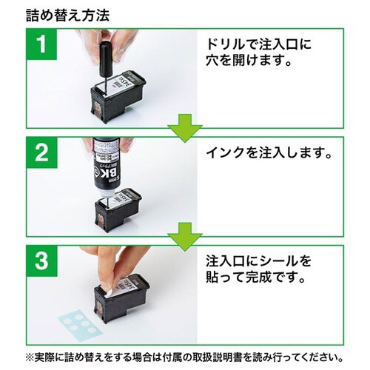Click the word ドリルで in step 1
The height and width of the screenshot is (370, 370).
pyautogui.click(x=231, y=46)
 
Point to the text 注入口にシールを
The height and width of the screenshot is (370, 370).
pyautogui.click(x=256, y=262)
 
